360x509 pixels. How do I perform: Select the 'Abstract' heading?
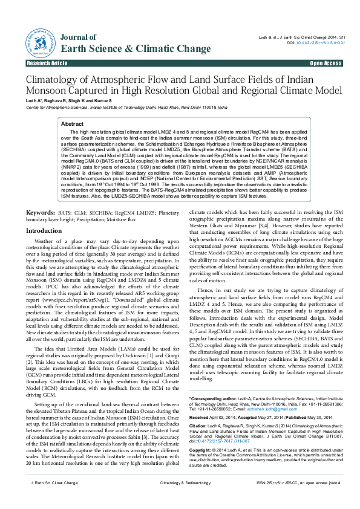[x=73, y=123]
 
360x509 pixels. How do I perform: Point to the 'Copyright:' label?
[x=202, y=468]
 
